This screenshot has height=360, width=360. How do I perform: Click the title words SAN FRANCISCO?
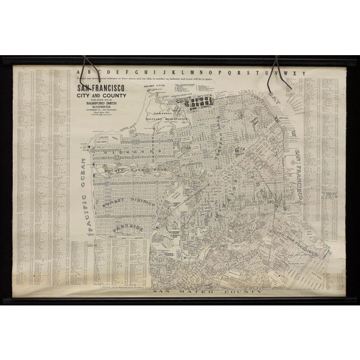[98, 88]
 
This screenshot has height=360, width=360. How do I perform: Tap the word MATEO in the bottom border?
[210, 294]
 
